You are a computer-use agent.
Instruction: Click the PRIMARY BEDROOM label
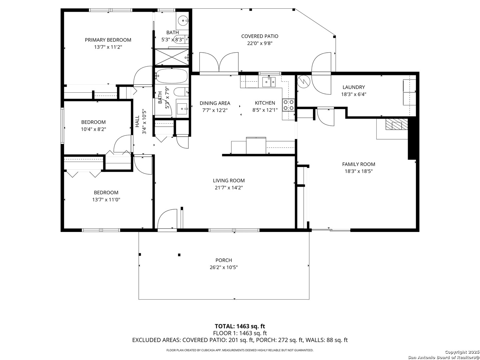tap(108, 40)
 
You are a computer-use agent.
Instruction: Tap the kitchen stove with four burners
tap(288, 105)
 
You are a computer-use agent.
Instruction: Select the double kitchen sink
tap(269, 82)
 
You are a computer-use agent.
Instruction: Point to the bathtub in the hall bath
tap(172, 76)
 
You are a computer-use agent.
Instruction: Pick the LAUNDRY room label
tap(354, 87)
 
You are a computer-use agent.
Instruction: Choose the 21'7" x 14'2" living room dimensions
tap(229, 188)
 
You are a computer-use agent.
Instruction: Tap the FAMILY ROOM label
tap(359, 164)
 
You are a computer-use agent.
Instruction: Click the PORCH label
tap(224, 260)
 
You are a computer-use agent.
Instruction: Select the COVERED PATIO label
tap(260, 36)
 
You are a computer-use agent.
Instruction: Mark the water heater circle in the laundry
tap(304, 81)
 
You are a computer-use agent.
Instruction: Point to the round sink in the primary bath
tap(182, 21)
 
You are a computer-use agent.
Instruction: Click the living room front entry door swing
tap(167, 219)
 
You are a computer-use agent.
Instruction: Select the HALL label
tap(137, 121)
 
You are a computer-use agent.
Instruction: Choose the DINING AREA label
tap(215, 103)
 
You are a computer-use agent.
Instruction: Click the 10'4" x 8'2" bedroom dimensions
tap(93, 129)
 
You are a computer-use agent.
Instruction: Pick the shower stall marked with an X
tap(172, 57)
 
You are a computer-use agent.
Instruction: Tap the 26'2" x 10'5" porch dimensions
tap(224, 267)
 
